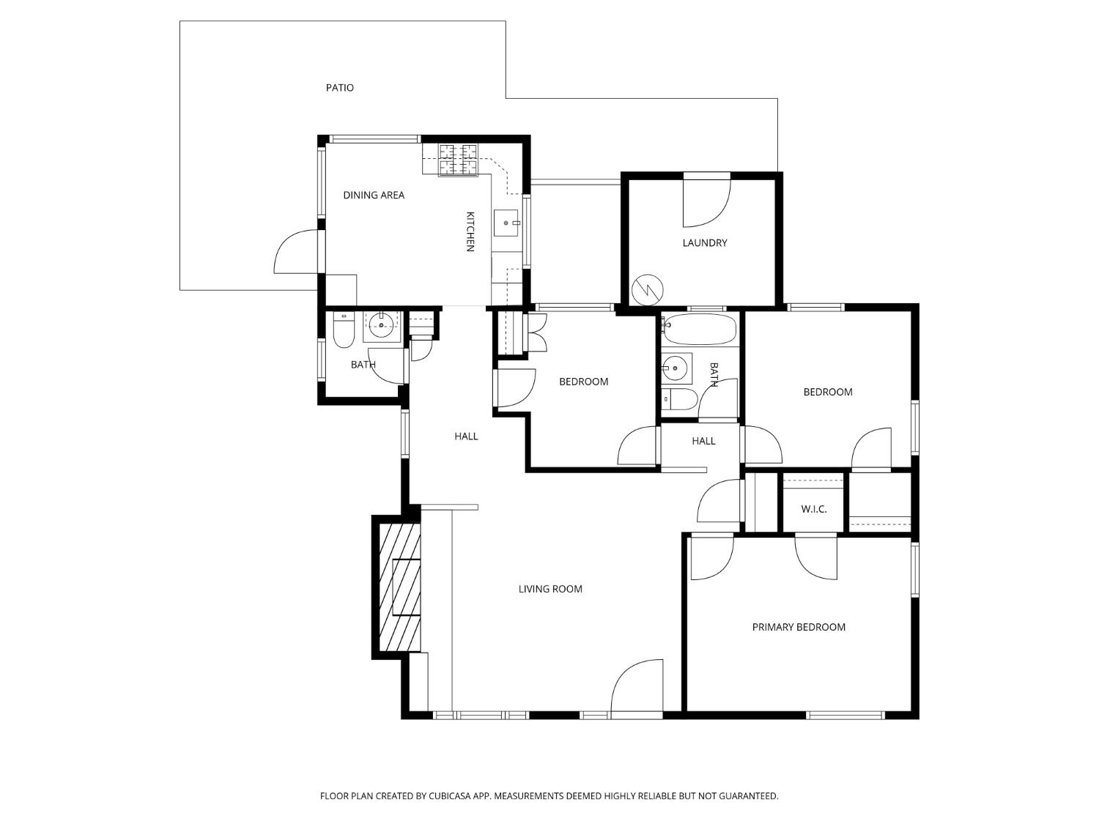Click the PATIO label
pyautogui.click(x=339, y=88)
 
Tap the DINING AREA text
pyautogui.click(x=374, y=195)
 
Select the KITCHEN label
pyautogui.click(x=470, y=231)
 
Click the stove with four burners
pyautogui.click(x=458, y=160)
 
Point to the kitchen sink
pyautogui.click(x=506, y=223)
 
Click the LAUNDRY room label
pyautogui.click(x=704, y=243)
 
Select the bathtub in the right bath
pyautogui.click(x=699, y=330)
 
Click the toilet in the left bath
pyautogui.click(x=344, y=332)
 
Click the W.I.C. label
pyautogui.click(x=813, y=509)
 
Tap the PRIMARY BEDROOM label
pyautogui.click(x=799, y=627)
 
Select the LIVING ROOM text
pyautogui.click(x=550, y=589)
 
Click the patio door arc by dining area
pyautogui.click(x=297, y=252)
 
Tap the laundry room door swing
pyautogui.click(x=706, y=204)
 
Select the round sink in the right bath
pyautogui.click(x=675, y=368)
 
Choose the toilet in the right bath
pyautogui.click(x=681, y=399)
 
